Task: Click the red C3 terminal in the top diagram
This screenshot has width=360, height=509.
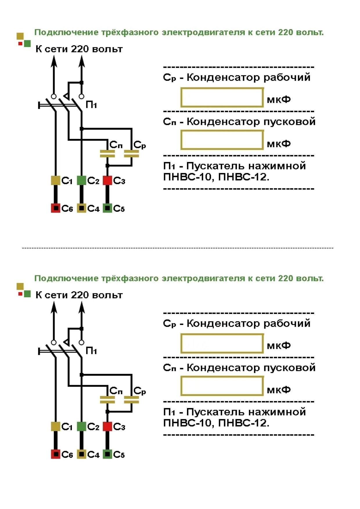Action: coord(107,180)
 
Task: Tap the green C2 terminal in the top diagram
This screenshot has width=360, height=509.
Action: coord(82,180)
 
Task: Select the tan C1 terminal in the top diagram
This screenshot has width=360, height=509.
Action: coord(55,180)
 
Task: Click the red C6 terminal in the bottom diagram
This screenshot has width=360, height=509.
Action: coord(55,454)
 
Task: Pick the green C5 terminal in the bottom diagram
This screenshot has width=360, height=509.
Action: coord(107,454)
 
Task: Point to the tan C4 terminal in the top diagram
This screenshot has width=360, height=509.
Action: coord(82,208)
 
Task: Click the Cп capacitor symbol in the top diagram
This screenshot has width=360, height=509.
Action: coord(107,154)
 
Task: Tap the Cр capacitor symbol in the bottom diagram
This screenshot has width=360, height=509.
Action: coord(132,400)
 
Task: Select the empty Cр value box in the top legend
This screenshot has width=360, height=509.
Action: coord(222,98)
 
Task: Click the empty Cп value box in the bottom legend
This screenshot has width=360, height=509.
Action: coord(222,386)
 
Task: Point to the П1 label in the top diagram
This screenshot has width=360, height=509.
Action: coord(91,105)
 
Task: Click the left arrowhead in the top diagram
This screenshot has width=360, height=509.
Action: coord(54,61)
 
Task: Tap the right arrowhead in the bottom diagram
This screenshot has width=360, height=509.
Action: coord(82,307)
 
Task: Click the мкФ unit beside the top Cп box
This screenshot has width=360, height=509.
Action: coord(279,144)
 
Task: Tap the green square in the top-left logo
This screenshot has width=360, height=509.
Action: coord(27,44)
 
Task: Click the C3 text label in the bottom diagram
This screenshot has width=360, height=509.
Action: coord(119,427)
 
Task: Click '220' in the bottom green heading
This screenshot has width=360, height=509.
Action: coord(285,278)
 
